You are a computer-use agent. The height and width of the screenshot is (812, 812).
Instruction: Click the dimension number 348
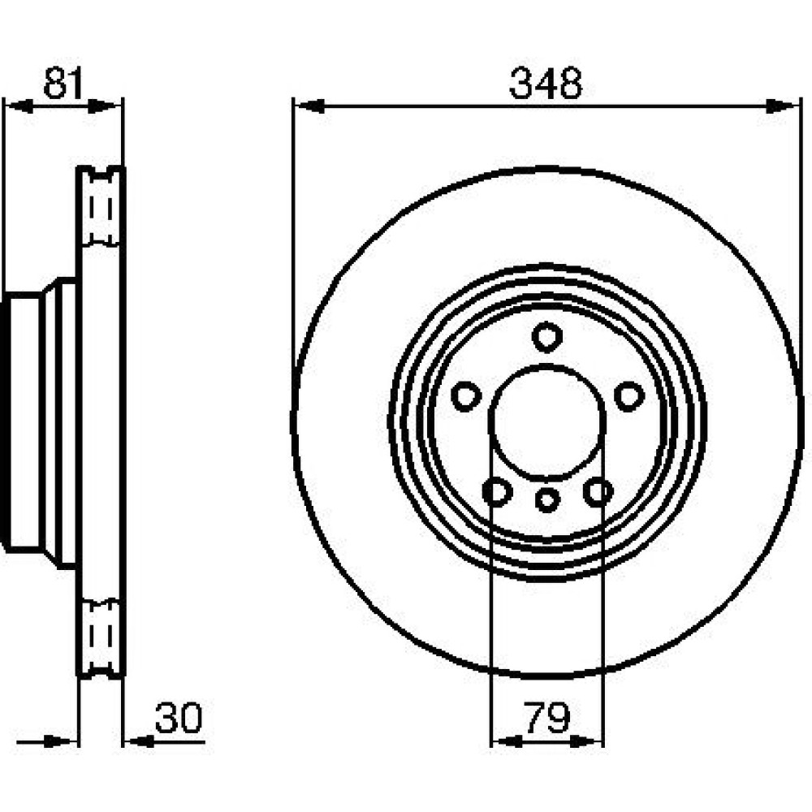(546, 83)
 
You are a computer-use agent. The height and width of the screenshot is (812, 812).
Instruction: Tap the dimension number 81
(63, 83)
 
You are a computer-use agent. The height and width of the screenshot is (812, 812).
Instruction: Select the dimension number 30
(179, 718)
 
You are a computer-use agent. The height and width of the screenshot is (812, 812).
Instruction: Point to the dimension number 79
(546, 718)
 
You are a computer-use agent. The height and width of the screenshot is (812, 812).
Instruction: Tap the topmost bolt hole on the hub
(546, 337)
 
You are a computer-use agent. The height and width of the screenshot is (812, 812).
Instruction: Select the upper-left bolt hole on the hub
(466, 396)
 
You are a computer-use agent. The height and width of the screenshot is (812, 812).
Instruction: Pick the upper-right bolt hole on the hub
(629, 396)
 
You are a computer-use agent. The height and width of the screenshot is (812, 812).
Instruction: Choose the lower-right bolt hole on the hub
(598, 491)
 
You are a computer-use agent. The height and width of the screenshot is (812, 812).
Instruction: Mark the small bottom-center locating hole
(547, 500)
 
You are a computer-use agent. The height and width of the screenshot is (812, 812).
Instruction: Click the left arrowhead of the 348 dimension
(309, 106)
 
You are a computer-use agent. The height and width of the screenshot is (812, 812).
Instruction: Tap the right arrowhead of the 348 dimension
(781, 106)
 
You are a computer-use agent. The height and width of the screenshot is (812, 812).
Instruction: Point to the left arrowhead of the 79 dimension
(507, 741)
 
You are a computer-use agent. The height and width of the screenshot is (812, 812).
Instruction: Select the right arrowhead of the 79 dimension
(588, 741)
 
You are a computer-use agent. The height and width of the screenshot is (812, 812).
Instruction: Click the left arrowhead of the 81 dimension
(19, 106)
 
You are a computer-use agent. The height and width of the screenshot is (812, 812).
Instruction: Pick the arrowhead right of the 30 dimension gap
(139, 741)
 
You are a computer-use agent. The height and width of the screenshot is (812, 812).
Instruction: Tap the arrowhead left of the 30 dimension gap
(62, 741)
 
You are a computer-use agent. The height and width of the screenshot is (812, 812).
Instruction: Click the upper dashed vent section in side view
(101, 207)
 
